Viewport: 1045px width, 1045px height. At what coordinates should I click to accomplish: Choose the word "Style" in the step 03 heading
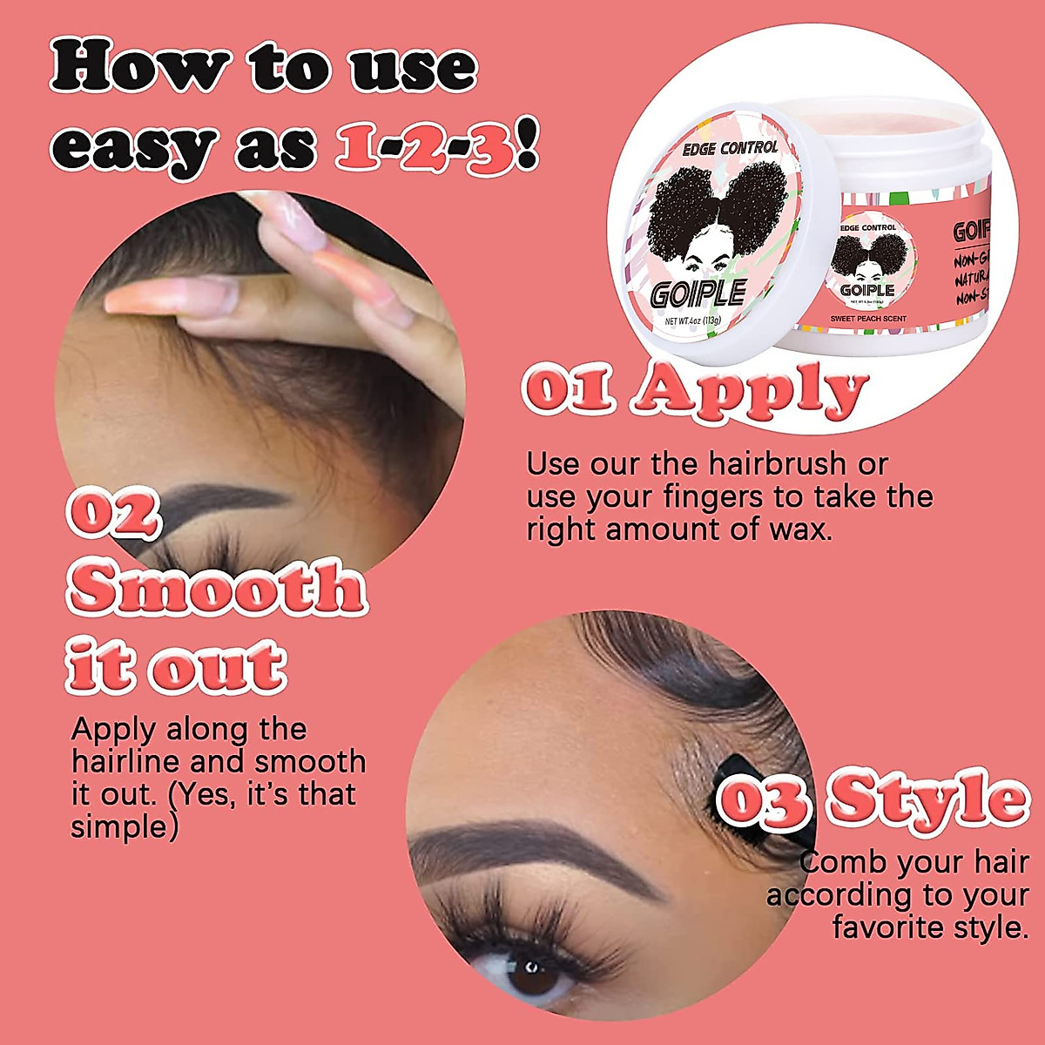(928, 798)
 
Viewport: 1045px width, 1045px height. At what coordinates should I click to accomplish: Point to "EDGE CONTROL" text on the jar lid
(730, 149)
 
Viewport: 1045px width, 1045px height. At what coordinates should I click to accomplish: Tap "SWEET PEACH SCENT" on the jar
(867, 319)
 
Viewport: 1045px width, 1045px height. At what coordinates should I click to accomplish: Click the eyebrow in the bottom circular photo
(531, 849)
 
